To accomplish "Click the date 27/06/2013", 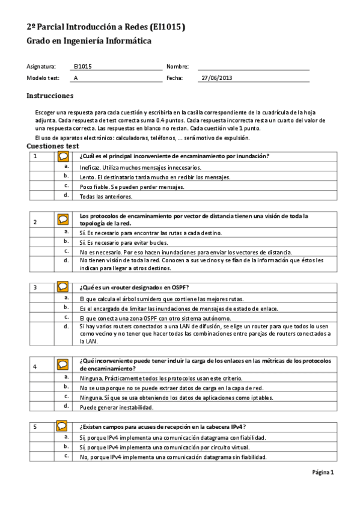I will pyautogui.click(x=216, y=78).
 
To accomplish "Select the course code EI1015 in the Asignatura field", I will pyautogui.click(x=82, y=67).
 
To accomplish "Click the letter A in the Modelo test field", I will pyautogui.click(x=76, y=78).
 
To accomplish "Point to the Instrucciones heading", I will pyautogui.click(x=50, y=96).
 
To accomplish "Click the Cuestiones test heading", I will pyautogui.click(x=53, y=146).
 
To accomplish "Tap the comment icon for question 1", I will pyautogui.click(x=63, y=156).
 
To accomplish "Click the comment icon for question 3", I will pyautogui.click(x=63, y=287).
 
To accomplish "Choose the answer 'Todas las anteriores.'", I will pyautogui.click(x=106, y=196).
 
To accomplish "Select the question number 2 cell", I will pyautogui.click(x=35, y=222).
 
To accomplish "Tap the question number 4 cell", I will pyautogui.click(x=35, y=366).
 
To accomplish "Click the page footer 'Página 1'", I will pyautogui.click(x=323, y=472).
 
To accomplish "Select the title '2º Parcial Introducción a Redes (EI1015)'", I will pyautogui.click(x=106, y=27).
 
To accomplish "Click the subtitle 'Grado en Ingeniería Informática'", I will pyautogui.click(x=89, y=41).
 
